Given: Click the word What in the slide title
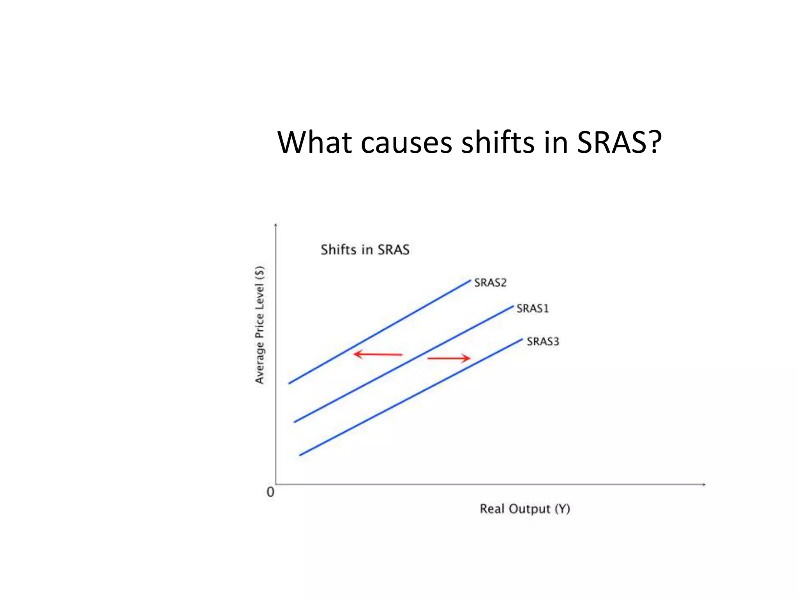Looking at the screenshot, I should tap(314, 142).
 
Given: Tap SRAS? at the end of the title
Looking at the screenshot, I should tap(619, 142).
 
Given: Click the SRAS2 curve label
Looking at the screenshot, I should tap(490, 283).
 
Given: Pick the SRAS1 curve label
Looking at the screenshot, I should tap(532, 308).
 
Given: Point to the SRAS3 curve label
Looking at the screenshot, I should tap(543, 342).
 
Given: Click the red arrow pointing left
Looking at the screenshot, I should tap(377, 354).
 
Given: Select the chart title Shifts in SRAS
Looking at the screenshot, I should tap(365, 250).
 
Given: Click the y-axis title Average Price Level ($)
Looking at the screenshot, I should tap(260, 324).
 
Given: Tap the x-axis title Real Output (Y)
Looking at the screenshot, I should tap(524, 509).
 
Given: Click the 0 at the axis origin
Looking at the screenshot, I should tap(270, 492).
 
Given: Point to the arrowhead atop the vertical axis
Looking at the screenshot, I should tap(276, 225).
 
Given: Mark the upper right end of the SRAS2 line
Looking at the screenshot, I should tap(470, 280).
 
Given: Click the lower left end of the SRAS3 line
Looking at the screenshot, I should tap(300, 455).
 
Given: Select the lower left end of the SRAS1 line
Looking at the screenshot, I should tap(295, 422).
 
